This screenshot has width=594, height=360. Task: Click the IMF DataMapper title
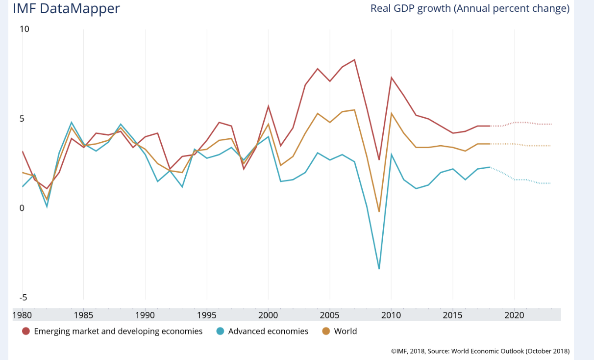[x=66, y=8]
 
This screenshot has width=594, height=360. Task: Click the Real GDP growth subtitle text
[x=470, y=8]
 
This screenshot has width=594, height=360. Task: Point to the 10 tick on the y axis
[x=25, y=29]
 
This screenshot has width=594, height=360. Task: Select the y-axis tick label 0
[x=22, y=208]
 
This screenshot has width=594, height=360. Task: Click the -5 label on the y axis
[x=23, y=298]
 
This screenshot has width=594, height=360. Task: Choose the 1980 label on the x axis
[x=22, y=314]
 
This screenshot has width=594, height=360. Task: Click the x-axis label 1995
[x=206, y=314]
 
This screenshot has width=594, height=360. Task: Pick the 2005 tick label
[x=330, y=314]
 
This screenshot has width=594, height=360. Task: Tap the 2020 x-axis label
[x=514, y=314]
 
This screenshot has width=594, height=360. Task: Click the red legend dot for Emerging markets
[x=26, y=332]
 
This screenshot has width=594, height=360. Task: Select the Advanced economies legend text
[x=268, y=332]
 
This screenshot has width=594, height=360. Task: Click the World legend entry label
[x=346, y=332]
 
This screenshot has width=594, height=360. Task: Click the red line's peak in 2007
[x=354, y=60]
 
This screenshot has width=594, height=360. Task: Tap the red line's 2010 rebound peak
[x=391, y=77]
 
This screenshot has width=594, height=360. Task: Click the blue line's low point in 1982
[x=47, y=206]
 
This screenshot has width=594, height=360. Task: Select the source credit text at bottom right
[x=480, y=351]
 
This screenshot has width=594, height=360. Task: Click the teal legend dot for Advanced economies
[x=220, y=332]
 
